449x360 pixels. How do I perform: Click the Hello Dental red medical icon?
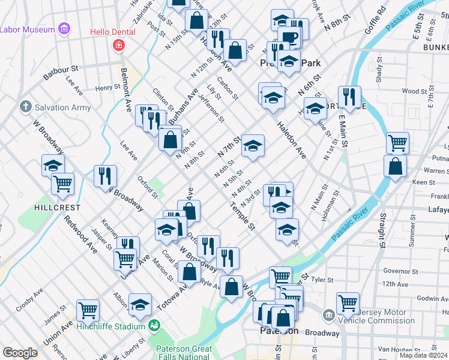(x=119, y=45)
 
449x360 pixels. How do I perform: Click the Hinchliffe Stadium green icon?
(x=155, y=326)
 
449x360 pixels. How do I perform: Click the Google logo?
(x=20, y=353)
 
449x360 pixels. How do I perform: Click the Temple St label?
(x=242, y=217)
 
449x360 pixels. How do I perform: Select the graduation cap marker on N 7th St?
(x=253, y=145)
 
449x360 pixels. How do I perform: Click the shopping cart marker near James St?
(x=88, y=310)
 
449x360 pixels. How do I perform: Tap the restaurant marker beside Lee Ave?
(x=104, y=175)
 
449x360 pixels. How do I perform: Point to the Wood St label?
(x=414, y=91)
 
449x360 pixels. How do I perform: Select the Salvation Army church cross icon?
(x=25, y=107)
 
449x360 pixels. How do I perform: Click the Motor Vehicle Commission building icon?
(x=329, y=315)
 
